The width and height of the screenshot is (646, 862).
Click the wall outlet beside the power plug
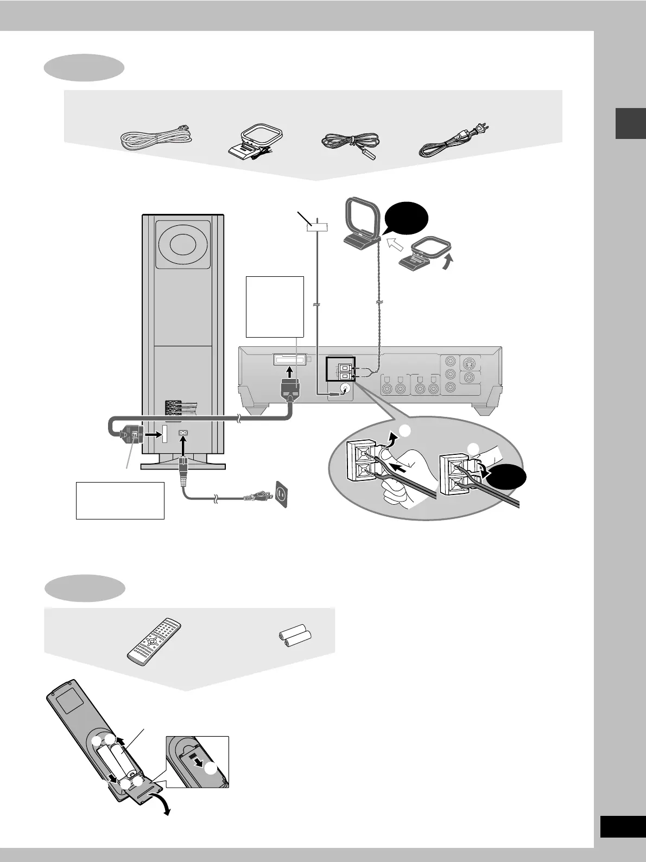281,494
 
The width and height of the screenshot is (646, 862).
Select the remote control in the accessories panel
154,641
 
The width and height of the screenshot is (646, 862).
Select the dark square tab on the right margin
630,124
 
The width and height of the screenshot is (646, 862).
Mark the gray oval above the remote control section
85,588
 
